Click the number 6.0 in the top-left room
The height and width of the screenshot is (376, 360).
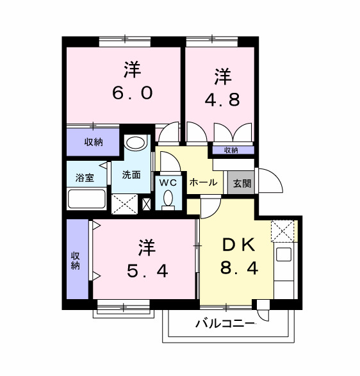133,93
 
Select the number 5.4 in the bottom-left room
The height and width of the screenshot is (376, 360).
147,271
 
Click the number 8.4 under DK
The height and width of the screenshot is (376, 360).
240,267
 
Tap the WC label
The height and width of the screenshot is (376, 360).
168,182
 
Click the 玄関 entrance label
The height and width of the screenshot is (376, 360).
242,183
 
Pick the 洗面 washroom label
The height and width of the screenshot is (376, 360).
131,174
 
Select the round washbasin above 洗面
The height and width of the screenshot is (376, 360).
135,143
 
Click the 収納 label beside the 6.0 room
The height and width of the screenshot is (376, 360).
94,143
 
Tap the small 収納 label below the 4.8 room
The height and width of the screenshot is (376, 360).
231,150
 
